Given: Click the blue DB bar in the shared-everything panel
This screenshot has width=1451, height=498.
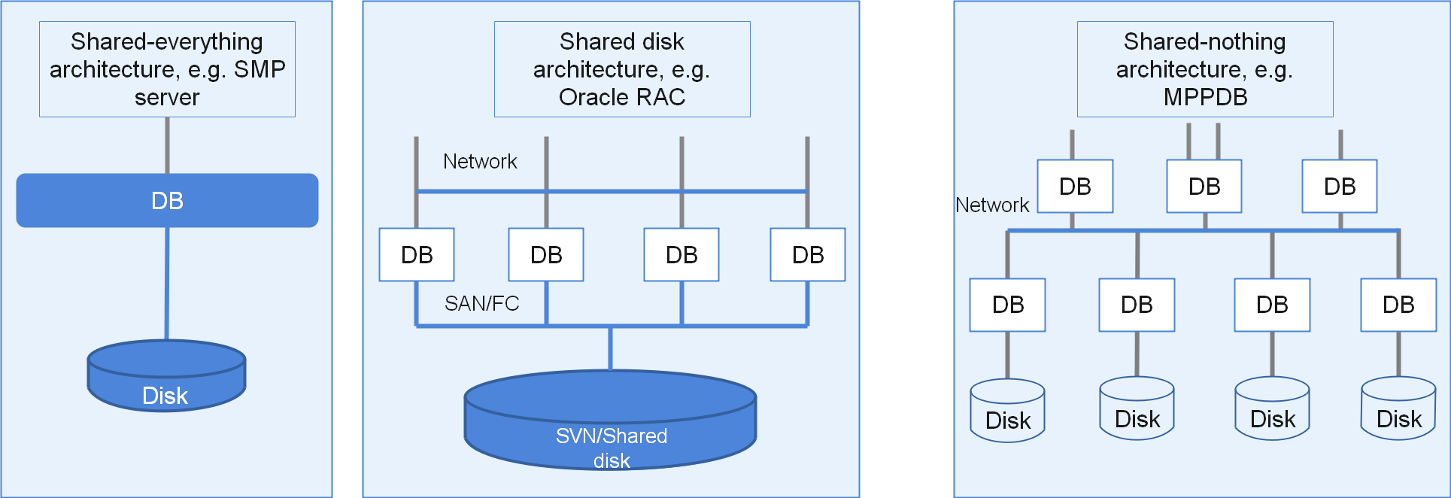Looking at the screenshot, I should pos(167,201).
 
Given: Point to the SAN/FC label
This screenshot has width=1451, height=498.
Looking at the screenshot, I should pos(481,303).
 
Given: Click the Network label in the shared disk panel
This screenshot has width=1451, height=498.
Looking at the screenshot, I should pos(480,162).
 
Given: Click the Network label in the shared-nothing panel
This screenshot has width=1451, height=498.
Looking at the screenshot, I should pos(991,205).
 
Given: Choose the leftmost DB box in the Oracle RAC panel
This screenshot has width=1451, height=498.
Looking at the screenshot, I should pos(417,255).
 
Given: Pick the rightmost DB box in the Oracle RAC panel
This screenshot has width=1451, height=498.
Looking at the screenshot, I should pos(808,255).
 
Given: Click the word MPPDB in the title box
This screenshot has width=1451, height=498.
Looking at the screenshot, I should pos(1205,97).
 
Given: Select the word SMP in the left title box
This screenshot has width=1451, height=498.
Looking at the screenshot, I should pos(260,69).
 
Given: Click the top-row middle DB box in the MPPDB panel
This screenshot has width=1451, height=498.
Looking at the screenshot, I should pos(1204,187).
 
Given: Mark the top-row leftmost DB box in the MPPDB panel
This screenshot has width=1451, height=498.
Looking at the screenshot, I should pos(1075,187).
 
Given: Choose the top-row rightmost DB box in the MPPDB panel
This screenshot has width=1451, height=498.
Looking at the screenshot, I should pos(1340,187).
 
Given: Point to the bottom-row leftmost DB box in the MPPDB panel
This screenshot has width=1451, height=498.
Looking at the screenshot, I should pos(1007,305).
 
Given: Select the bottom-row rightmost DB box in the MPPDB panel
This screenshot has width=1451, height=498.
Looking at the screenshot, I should pos(1398,305).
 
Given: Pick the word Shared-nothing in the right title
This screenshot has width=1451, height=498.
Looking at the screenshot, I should pos(1204,41).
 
